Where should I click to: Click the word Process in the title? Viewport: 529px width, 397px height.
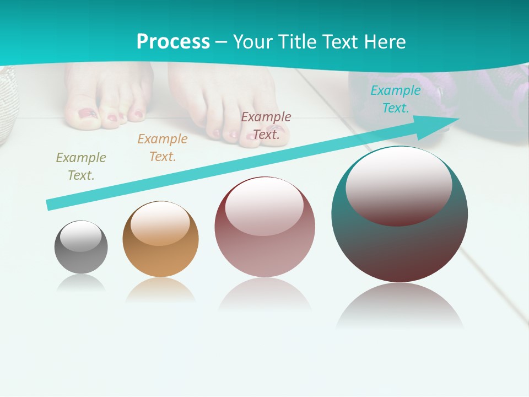point(173,42)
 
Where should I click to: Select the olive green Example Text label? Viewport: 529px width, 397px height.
point(80,167)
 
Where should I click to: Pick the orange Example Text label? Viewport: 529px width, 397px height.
point(163,148)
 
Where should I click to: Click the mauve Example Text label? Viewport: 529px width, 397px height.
point(266,125)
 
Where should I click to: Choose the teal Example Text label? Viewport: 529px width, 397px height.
point(395,99)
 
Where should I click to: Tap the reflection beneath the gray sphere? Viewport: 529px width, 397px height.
point(81,283)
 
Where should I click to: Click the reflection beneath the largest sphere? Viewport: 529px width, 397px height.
point(400,306)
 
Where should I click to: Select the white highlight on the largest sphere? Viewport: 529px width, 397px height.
point(399,186)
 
